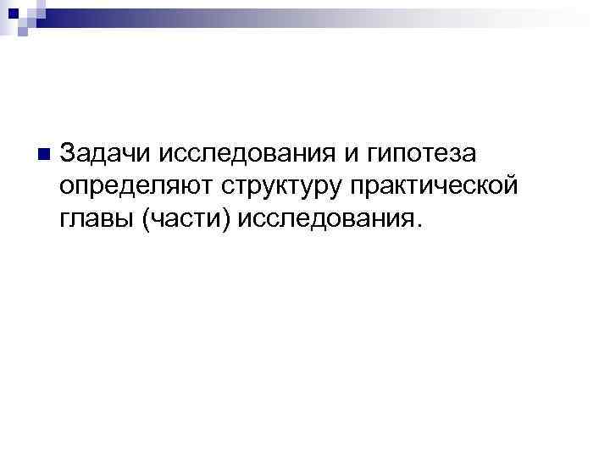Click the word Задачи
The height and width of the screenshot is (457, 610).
(104, 153)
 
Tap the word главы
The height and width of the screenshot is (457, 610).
(97, 218)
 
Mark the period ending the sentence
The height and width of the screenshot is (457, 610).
(416, 225)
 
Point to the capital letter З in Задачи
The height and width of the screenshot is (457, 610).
(69, 153)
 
